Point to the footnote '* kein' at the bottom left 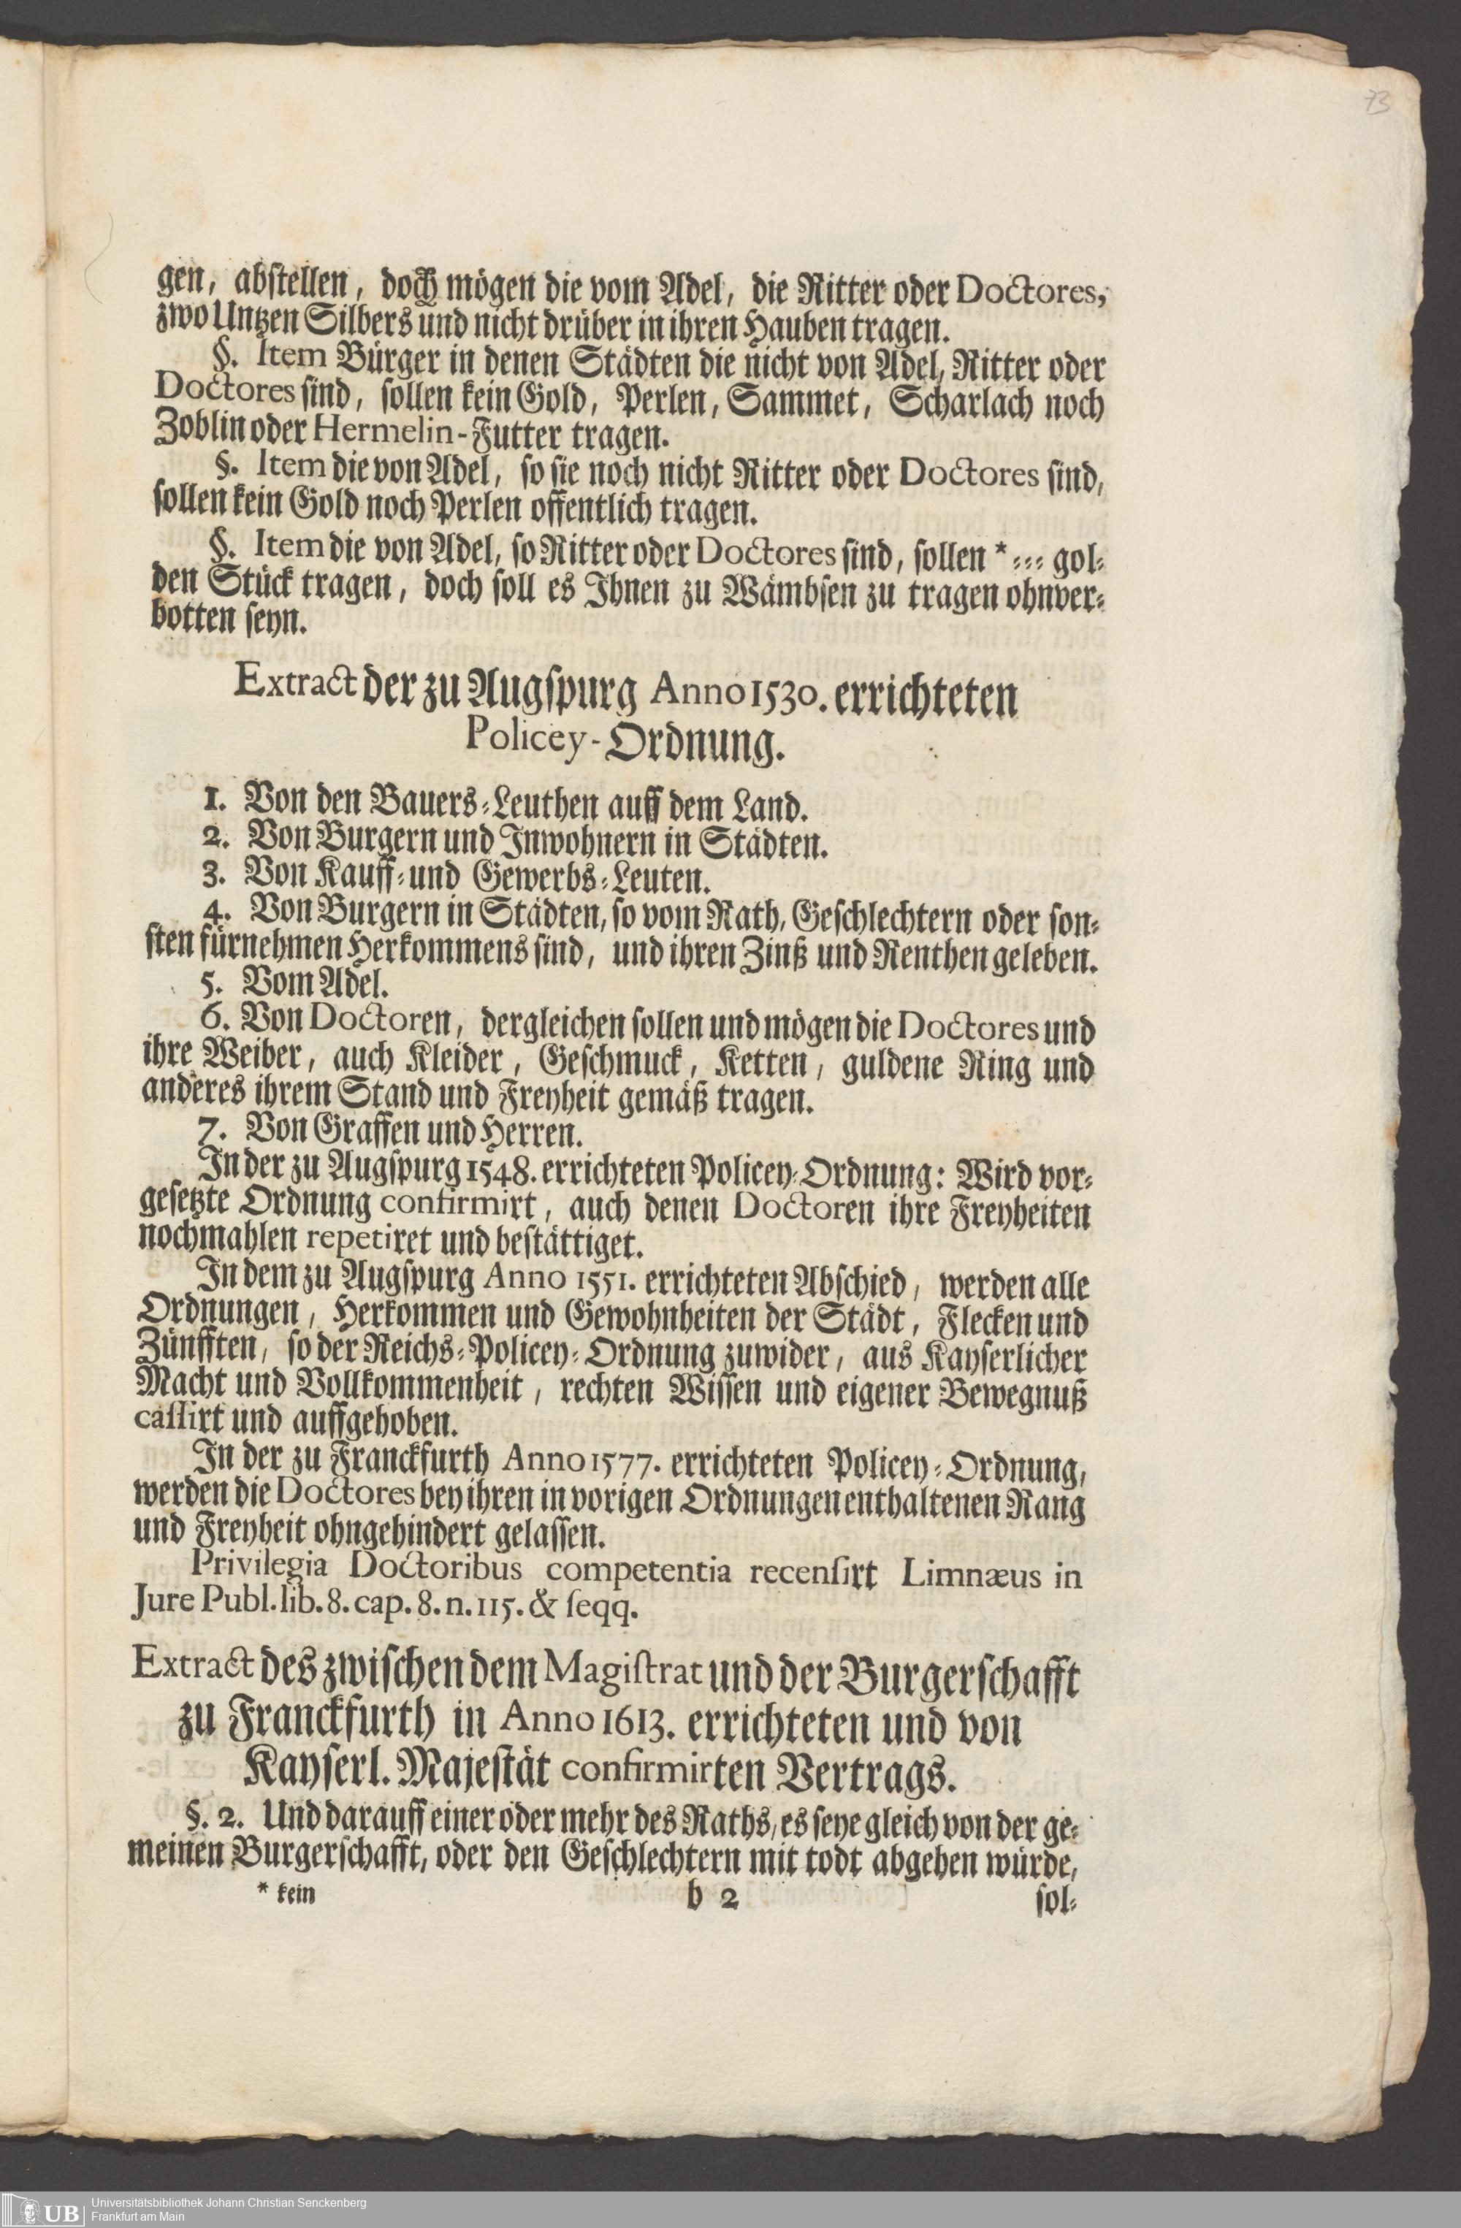point(286,1895)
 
